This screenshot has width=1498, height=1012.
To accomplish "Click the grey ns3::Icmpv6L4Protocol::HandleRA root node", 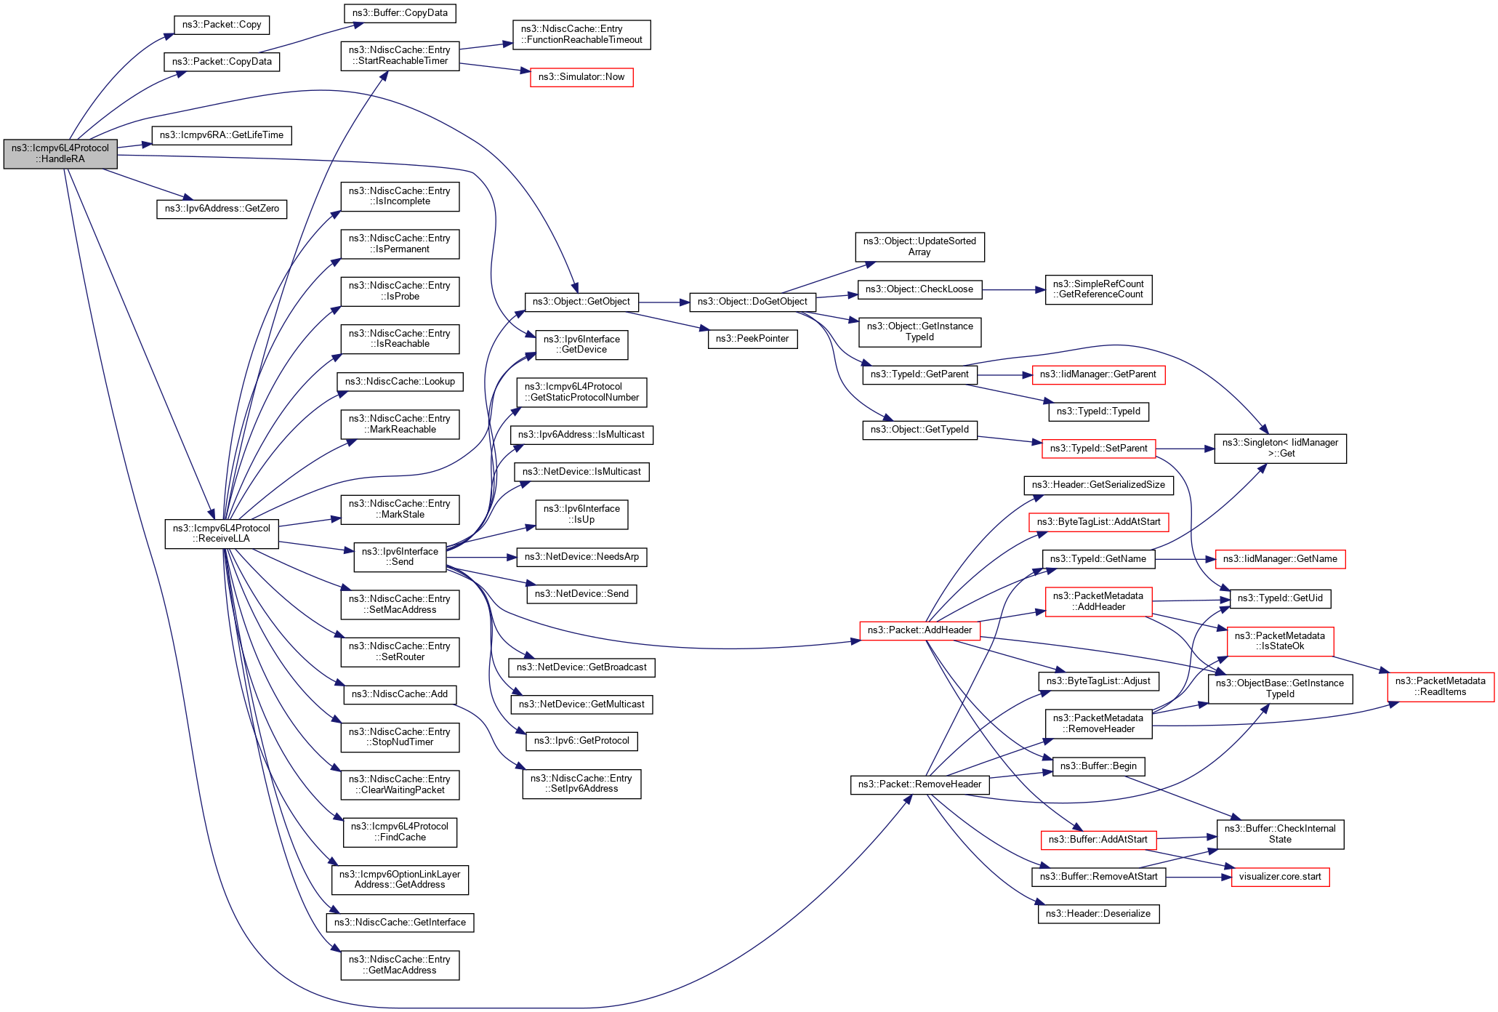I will point(60,153).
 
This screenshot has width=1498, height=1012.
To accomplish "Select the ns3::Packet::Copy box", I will point(222,25).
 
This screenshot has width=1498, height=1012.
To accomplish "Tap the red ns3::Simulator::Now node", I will point(581,77).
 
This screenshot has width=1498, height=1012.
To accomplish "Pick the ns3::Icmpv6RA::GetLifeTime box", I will point(222,135).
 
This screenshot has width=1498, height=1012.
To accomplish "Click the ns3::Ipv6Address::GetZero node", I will point(222,209).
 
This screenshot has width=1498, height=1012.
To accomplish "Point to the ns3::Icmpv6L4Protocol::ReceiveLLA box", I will point(222,534).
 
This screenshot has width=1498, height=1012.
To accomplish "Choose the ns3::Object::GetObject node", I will point(581,302).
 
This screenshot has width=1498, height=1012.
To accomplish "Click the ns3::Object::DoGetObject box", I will point(752,302).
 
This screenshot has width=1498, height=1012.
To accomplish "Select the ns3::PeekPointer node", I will point(752,339).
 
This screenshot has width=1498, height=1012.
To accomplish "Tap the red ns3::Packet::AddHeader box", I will point(919,630).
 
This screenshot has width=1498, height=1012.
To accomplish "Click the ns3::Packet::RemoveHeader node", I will point(919,784).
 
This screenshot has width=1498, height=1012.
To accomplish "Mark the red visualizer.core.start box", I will point(1280,877).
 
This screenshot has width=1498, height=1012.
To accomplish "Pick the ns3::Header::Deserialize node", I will point(1098,914).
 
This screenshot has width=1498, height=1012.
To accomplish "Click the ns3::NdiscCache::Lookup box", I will point(400,382).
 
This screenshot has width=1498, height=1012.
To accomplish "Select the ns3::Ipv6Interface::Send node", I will point(400,557).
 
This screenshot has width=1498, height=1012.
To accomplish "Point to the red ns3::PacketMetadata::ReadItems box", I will point(1441,687).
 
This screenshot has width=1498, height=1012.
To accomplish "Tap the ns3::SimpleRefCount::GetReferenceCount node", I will point(1098,289).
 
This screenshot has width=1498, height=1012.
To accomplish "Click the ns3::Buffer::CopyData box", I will point(400,13).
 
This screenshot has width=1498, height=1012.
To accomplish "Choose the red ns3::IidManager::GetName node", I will point(1280,559).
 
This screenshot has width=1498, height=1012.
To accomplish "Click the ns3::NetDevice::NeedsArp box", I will point(581,557).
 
